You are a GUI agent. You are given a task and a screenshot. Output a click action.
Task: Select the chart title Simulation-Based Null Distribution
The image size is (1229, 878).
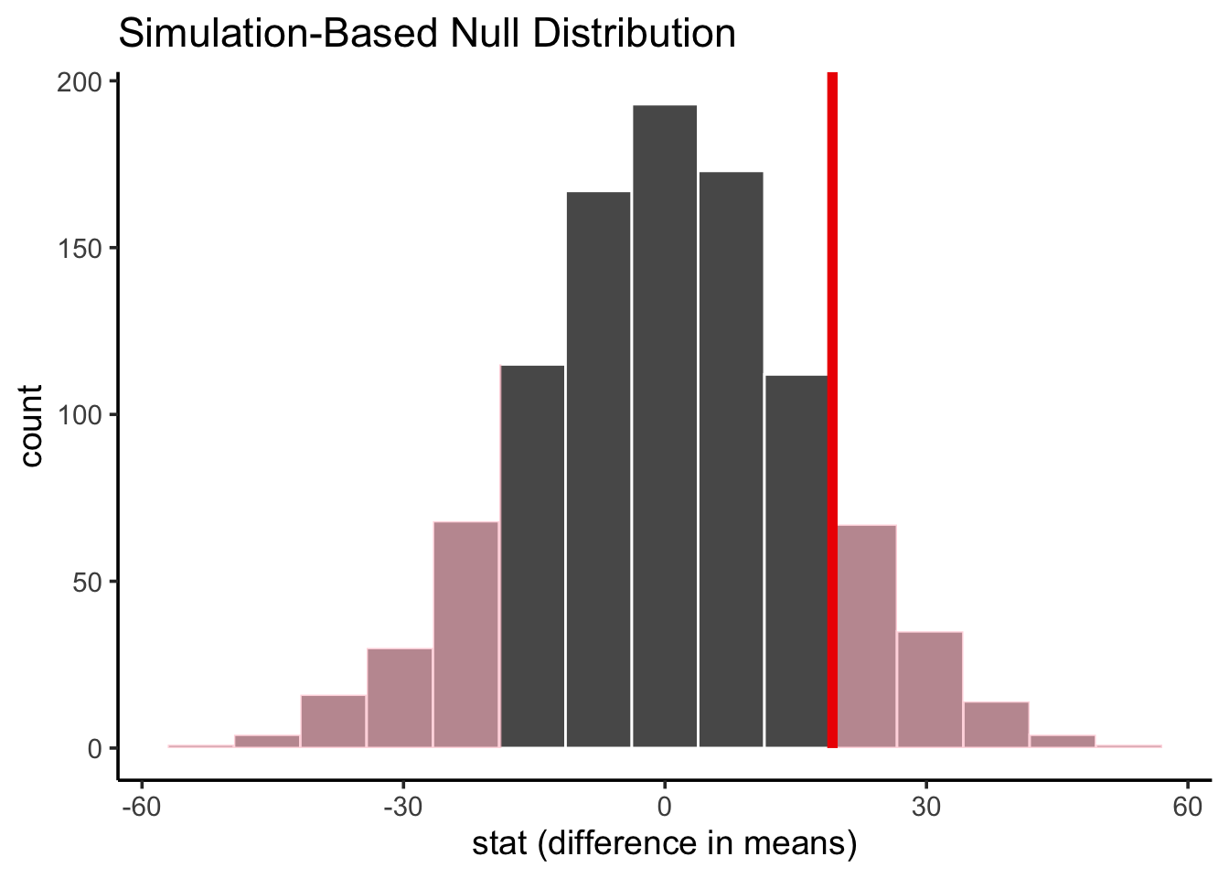click(x=427, y=34)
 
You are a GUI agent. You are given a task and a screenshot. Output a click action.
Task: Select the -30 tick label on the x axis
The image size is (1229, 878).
click(x=403, y=808)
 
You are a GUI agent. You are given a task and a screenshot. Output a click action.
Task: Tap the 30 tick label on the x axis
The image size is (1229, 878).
click(x=926, y=808)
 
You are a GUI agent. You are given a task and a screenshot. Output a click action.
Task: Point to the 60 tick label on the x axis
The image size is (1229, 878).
click(x=1188, y=808)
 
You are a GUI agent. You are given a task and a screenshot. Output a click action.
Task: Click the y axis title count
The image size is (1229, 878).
click(x=32, y=426)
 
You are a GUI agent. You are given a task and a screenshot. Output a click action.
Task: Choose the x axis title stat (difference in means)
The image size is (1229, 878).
click(x=665, y=844)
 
